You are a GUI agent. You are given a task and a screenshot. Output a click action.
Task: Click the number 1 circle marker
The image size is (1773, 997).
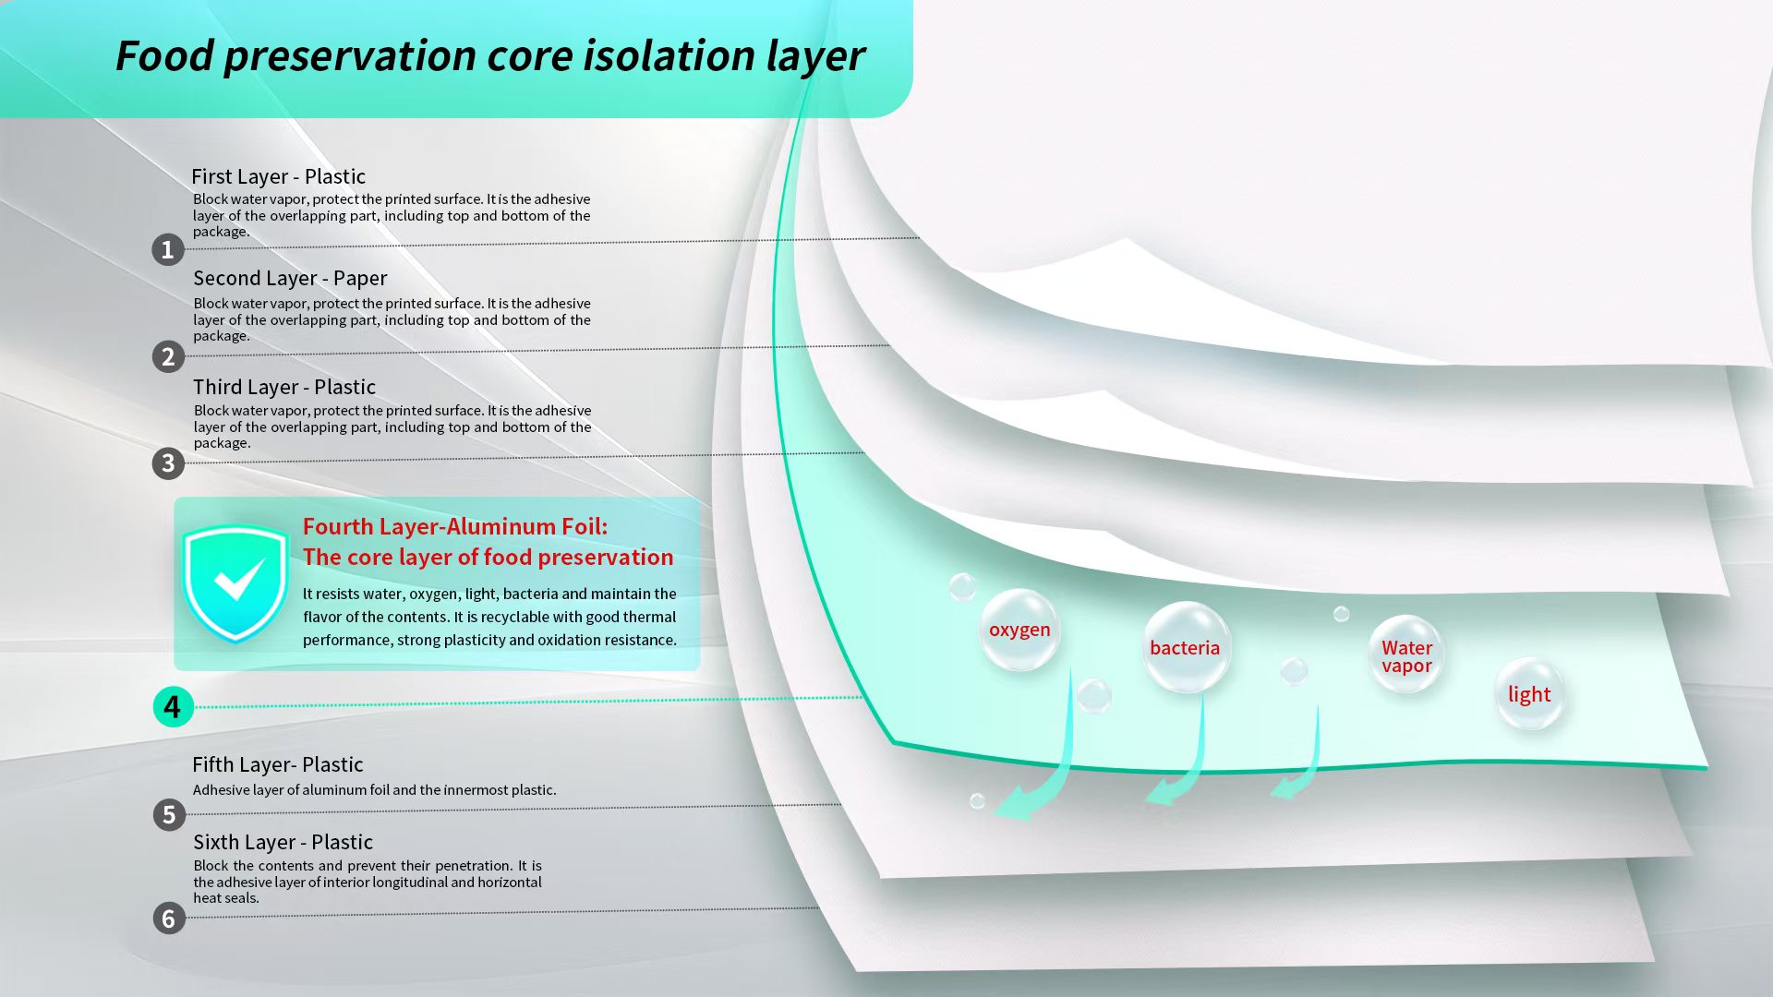pyautogui.click(x=168, y=249)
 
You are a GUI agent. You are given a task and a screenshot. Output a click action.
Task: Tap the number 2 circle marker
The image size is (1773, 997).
pyautogui.click(x=168, y=356)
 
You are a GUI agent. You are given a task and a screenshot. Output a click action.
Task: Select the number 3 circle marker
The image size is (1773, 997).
pyautogui.click(x=168, y=462)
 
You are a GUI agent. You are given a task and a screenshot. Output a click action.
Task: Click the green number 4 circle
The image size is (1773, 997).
pyautogui.click(x=173, y=707)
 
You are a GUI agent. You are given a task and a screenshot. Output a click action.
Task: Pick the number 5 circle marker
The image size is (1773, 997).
pyautogui.click(x=169, y=814)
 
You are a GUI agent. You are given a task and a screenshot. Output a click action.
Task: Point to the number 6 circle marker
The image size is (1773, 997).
pyautogui.click(x=169, y=919)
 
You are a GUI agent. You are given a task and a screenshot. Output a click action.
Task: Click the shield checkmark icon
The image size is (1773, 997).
pyautogui.click(x=236, y=582)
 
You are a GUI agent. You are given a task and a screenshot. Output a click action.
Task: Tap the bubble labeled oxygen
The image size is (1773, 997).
pyautogui.click(x=1019, y=631)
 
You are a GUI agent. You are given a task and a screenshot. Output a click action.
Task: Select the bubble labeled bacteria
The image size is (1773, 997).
pyautogui.click(x=1186, y=648)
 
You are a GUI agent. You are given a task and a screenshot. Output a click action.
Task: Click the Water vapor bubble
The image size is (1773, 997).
pyautogui.click(x=1405, y=655)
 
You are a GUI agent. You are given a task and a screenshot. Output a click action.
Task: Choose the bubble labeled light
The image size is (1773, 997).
pyautogui.click(x=1529, y=694)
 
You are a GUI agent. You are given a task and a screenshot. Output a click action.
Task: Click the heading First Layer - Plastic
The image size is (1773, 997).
pyautogui.click(x=278, y=176)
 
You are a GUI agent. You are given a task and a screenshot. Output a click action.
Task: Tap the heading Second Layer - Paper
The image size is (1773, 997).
pyautogui.click(x=290, y=278)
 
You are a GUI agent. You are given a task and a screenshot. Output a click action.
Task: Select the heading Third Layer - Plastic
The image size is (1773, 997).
pyautogui.click(x=284, y=387)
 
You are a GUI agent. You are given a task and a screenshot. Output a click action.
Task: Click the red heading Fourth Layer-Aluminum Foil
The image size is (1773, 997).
pyautogui.click(x=455, y=526)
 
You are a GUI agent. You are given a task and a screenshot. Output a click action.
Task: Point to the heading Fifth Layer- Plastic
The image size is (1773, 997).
pyautogui.click(x=277, y=764)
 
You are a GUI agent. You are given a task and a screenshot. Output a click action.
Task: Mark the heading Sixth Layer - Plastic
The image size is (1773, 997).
pyautogui.click(x=283, y=842)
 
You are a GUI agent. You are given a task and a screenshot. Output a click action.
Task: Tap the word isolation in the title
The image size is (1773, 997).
pyautogui.click(x=669, y=55)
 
